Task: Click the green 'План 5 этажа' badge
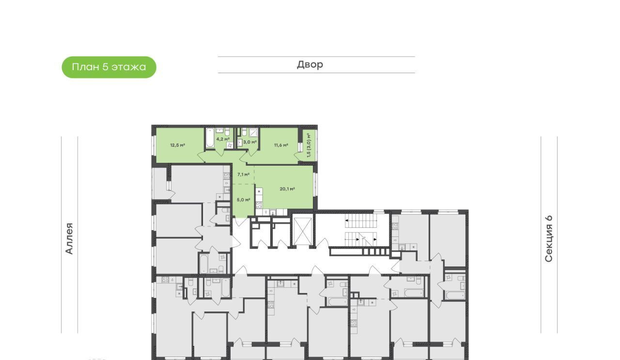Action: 109,67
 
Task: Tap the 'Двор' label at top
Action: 310,64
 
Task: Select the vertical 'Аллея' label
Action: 69,238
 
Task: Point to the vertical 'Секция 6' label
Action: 549,238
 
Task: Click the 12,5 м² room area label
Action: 177,145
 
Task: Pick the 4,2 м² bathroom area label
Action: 223,139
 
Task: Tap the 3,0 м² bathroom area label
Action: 249,142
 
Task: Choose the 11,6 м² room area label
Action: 281,145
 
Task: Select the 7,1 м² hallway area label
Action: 243,174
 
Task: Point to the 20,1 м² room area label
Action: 287,189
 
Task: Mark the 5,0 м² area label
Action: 244,200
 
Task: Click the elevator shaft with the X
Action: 303,231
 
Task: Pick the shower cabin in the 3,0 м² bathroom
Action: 253,133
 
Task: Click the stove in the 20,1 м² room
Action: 259,205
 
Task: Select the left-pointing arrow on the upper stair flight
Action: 346,221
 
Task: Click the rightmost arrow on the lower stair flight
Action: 375,239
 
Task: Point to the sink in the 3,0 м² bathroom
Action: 240,143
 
